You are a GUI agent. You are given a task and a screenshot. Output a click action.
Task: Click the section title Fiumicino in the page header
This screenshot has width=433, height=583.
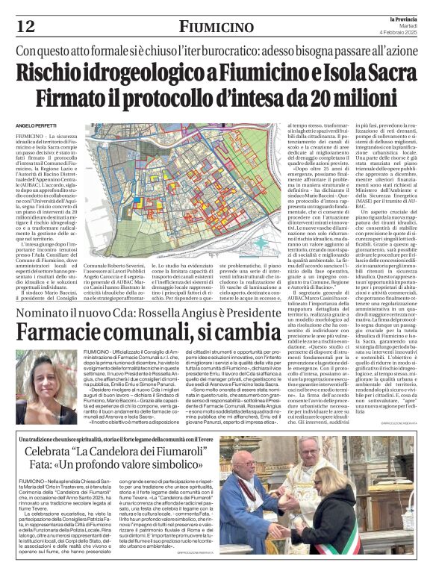coord(216,27)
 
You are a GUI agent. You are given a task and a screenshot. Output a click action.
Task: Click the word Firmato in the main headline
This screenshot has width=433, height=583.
coord(98,99)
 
